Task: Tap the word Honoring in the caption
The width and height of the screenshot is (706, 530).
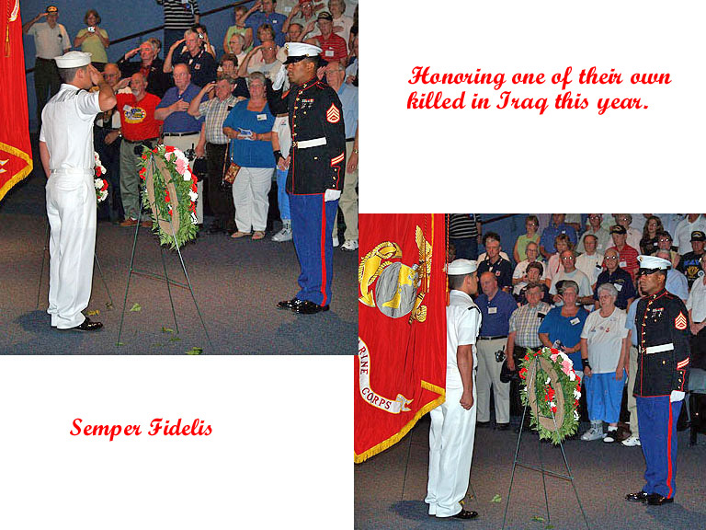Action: click(x=456, y=77)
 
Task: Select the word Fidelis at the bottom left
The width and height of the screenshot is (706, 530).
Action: click(x=180, y=427)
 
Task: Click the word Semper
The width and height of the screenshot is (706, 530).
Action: click(x=107, y=428)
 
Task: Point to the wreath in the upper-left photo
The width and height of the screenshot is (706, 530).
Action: click(x=169, y=194)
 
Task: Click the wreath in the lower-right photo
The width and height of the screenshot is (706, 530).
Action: click(x=551, y=394)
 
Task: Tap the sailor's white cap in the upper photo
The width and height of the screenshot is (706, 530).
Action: click(x=73, y=60)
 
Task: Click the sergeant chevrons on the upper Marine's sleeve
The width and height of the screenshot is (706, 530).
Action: click(x=333, y=113)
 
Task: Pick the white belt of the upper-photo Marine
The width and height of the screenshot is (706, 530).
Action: click(x=310, y=144)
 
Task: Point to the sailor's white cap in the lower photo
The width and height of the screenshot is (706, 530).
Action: click(x=462, y=267)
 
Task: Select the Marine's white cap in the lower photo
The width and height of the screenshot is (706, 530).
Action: click(x=654, y=264)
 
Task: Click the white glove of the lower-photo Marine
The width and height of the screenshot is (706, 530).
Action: click(x=677, y=396)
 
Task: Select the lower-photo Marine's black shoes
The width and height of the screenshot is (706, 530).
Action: click(x=648, y=498)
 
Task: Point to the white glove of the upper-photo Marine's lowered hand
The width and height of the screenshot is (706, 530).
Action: click(x=332, y=195)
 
